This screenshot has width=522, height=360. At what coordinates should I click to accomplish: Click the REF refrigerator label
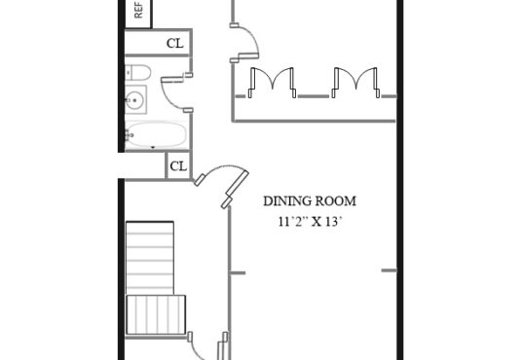click(x=138, y=11)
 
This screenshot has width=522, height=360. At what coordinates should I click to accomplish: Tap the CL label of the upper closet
click(x=174, y=43)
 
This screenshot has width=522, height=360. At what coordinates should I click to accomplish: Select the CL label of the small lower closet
click(x=178, y=166)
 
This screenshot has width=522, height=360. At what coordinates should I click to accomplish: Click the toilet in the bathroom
click(x=138, y=72)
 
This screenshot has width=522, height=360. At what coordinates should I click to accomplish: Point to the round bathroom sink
click(x=134, y=99)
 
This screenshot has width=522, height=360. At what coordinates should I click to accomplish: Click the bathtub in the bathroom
click(x=156, y=134)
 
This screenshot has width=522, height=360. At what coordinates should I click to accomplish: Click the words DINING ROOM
click(x=310, y=201)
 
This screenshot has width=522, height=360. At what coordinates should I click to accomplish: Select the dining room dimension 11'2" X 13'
click(x=310, y=221)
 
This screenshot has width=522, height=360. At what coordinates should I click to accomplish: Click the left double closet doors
click(x=273, y=82)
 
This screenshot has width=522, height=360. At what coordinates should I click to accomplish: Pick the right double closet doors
click(x=356, y=82)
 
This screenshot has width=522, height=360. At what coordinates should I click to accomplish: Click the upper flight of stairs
click(x=150, y=258)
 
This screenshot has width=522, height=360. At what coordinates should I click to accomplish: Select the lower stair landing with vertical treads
click(x=156, y=314)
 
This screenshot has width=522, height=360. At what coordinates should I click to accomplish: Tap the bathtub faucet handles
click(x=129, y=134)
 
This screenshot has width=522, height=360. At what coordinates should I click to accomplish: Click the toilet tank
click(x=129, y=72)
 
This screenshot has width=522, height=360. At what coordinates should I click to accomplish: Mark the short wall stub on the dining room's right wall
click(x=389, y=270)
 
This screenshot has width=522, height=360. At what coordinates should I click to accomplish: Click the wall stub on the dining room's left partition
click(x=238, y=273)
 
